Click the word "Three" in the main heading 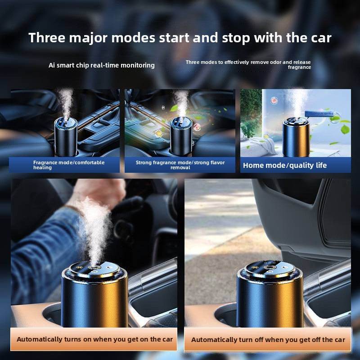[x=47, y=37]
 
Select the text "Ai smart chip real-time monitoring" [x=102, y=65]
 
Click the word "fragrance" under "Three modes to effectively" [x=299, y=67]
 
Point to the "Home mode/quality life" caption [x=285, y=165]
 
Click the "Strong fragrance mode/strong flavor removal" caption [x=180, y=165]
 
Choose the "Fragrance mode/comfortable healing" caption [x=69, y=165]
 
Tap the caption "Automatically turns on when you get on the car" [x=94, y=339]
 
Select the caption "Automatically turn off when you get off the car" [x=268, y=340]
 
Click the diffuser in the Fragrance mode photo [x=66, y=137]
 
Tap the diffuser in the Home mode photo [x=296, y=137]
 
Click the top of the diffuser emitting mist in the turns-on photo [x=94, y=269]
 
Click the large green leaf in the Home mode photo [x=345, y=129]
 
